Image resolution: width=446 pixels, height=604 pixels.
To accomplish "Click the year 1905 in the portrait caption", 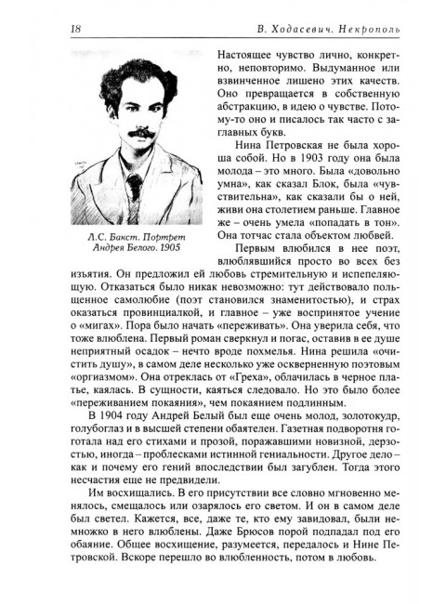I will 182,250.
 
